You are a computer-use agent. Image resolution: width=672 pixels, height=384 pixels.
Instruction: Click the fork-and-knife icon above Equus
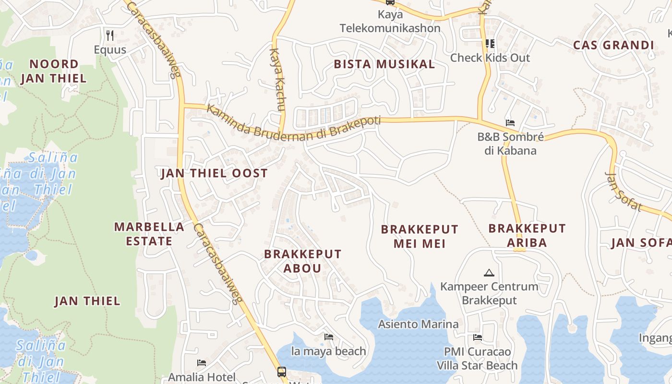pos(110,35)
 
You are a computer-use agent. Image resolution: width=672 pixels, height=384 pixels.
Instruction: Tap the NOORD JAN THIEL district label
pos(54,71)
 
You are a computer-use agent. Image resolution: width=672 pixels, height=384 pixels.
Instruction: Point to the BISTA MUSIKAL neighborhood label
pos(384,64)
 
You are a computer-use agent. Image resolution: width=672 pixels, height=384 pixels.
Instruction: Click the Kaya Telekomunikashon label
pos(390,22)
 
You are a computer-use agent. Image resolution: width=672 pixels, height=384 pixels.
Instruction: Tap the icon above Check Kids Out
pos(490,44)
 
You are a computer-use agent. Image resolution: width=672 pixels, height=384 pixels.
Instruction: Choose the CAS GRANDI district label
pos(613,46)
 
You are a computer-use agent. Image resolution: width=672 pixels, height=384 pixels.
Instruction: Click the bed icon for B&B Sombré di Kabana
pos(510,123)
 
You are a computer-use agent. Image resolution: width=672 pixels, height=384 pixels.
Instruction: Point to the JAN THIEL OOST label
pos(214,173)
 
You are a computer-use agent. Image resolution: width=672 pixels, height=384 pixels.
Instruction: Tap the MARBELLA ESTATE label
pos(149,234)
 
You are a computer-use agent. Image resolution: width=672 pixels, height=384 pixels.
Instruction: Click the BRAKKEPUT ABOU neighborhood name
pos(302,261)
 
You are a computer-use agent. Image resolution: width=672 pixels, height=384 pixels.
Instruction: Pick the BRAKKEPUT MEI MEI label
pos(420,236)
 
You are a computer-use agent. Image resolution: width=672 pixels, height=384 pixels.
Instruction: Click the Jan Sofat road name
pos(624,191)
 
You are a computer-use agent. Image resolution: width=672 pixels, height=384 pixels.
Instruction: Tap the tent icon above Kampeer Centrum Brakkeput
pos(489,273)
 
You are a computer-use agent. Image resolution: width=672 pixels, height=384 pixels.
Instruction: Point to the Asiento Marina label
pos(418,324)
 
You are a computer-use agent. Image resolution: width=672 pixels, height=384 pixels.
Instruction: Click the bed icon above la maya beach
pos(329,337)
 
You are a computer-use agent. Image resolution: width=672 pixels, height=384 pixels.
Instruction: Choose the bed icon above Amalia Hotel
pos(202,363)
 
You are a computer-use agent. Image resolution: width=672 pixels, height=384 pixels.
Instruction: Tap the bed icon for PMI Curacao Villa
pos(477,337)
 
